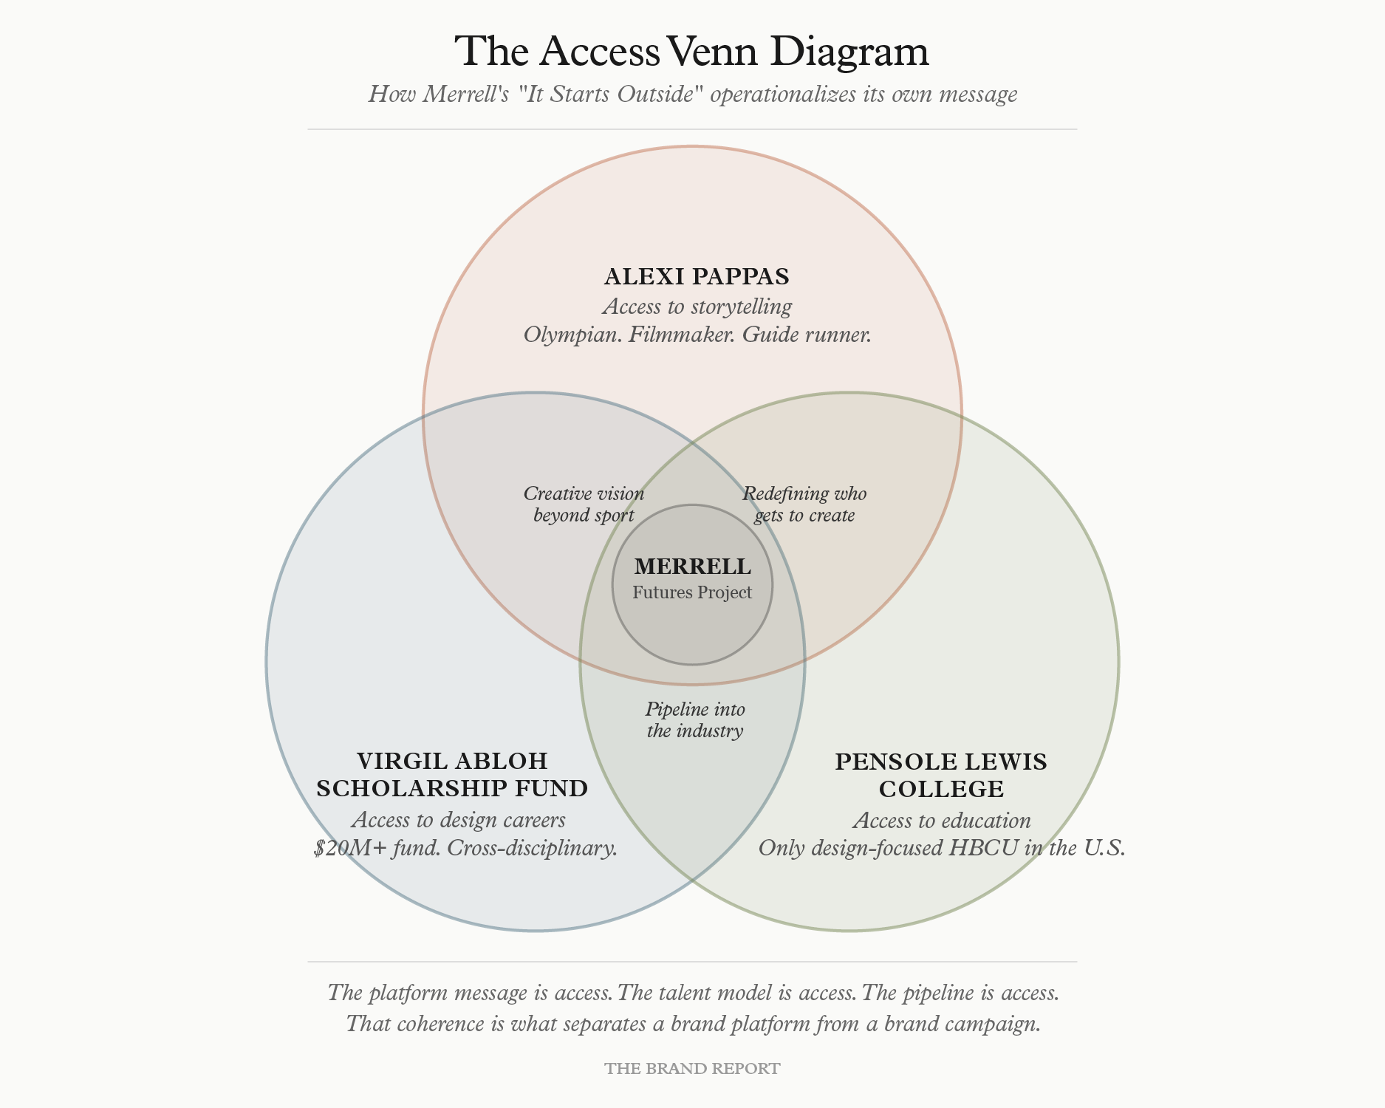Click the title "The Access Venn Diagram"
tap(691, 52)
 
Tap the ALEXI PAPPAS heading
tap(697, 276)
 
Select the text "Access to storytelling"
tap(697, 306)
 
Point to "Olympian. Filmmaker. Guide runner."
tap(697, 335)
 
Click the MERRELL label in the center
tap(692, 567)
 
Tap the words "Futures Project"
tap(692, 592)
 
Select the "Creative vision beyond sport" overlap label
tap(584, 504)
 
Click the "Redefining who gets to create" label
tap(804, 504)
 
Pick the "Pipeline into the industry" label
tap(695, 720)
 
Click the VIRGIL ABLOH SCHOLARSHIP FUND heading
tap(452, 774)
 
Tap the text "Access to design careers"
tap(459, 820)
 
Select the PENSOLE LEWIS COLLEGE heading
tap(941, 775)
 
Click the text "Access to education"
tap(941, 820)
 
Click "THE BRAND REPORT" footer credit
tap(692, 1069)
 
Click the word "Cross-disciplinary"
tap(532, 848)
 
